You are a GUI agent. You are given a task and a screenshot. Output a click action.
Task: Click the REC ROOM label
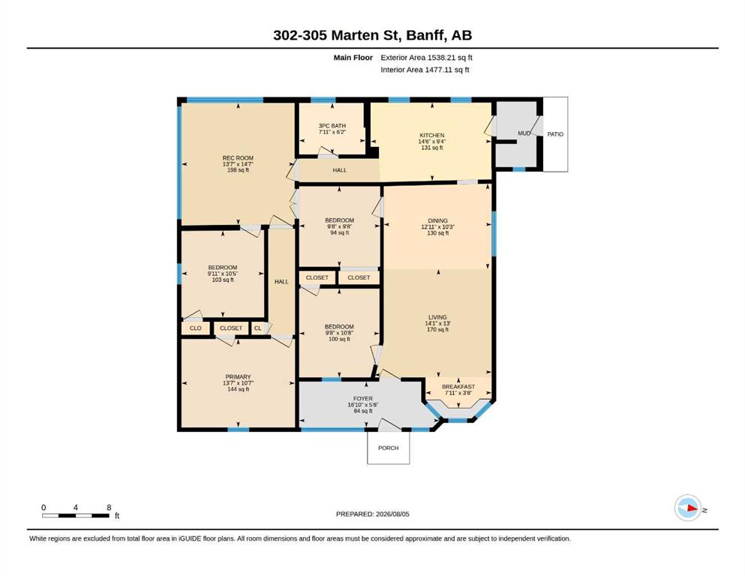coord(238,158)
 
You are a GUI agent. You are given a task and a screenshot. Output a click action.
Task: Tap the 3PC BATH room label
coord(332,126)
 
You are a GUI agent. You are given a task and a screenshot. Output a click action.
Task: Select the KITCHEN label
coord(432,135)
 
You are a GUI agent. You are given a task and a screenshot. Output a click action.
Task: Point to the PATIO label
coord(555,134)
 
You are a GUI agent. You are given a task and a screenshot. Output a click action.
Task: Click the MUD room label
coord(524,133)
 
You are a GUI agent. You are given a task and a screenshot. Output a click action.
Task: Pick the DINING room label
coord(437,220)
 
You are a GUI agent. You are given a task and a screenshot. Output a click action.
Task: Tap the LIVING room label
coord(437,317)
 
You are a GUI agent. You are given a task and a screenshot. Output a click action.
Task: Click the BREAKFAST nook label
coord(458,387)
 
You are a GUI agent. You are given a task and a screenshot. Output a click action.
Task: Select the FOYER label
coord(363,399)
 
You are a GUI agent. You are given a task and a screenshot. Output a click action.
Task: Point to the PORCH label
coord(388,448)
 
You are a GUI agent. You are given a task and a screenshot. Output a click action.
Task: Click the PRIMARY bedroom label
coord(238,377)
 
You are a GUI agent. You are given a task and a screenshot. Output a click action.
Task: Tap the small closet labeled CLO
coord(195,328)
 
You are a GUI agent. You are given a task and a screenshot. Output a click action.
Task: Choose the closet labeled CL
coord(257,328)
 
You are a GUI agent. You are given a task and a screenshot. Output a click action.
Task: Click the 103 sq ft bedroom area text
coord(223,280)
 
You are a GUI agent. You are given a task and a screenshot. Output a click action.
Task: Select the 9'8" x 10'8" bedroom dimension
coord(339,333)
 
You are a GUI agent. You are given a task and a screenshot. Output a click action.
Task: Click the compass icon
coord(687,508)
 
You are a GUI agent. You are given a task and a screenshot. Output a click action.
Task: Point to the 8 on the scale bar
coord(109,508)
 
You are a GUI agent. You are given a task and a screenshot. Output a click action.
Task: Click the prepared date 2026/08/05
coord(392,514)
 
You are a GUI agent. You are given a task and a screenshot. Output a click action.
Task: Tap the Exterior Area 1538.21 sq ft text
coord(426,58)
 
